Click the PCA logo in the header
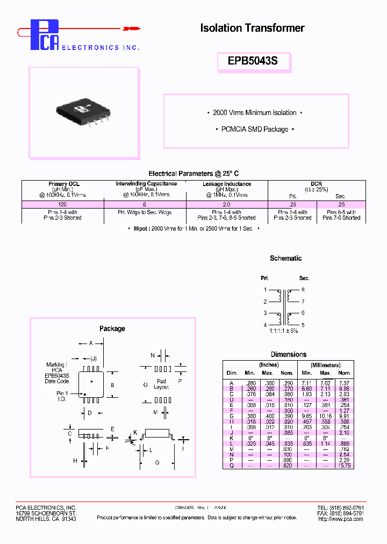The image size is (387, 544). click(44, 35)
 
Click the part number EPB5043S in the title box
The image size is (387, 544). click(253, 61)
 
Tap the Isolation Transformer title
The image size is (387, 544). click(252, 28)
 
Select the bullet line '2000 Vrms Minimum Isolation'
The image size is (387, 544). click(255, 113)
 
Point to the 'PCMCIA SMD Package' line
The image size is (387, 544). click(255, 130)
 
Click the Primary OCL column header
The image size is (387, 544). click(63, 184)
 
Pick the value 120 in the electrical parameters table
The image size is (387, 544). click(63, 204)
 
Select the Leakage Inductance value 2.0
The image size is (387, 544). click(226, 204)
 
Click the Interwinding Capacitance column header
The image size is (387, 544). click(146, 184)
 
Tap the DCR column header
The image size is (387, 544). click(316, 184)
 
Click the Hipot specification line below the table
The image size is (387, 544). click(193, 228)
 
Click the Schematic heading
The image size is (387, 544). click(285, 259)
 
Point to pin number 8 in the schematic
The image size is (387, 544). click(304, 290)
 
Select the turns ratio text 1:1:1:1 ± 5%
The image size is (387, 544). click(284, 331)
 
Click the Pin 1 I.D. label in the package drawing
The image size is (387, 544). click(62, 396)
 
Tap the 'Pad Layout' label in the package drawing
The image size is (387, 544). click(161, 384)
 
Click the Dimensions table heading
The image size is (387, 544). click(289, 355)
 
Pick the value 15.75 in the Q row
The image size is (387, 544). click(345, 466)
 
